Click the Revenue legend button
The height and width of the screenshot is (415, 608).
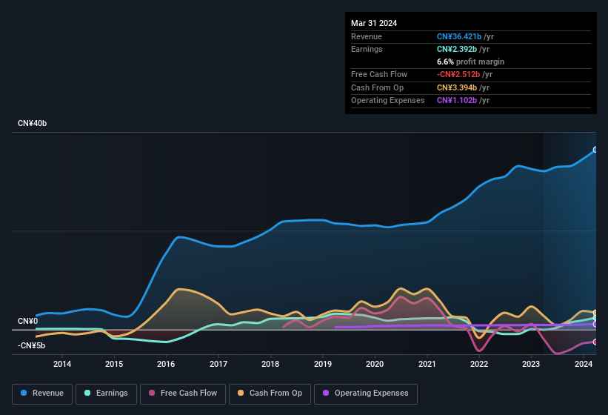[x=42, y=394]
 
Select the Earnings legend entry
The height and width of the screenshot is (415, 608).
[x=107, y=394]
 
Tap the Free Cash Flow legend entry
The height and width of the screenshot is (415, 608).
[x=183, y=394]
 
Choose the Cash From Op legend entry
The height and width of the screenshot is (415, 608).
[x=270, y=394]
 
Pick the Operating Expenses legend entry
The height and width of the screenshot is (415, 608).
[x=366, y=394]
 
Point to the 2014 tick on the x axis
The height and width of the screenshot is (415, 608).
[x=62, y=364]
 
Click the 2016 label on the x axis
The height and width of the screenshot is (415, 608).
[x=166, y=364]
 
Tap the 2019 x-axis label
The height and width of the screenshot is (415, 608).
[x=322, y=364]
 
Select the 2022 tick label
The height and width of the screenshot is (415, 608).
[x=479, y=364]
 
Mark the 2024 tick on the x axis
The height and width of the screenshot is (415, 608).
[x=583, y=364]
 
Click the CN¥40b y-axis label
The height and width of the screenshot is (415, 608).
[x=33, y=123]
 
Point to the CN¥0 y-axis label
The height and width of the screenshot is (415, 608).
[x=27, y=321]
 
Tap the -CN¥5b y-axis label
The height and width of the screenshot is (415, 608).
[x=32, y=345]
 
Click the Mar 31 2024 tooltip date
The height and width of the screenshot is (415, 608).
[x=374, y=23]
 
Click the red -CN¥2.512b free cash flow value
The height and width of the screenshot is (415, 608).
[x=465, y=75]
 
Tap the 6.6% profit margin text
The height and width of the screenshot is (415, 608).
[x=470, y=62]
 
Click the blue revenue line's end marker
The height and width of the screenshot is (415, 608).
[x=595, y=150]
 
